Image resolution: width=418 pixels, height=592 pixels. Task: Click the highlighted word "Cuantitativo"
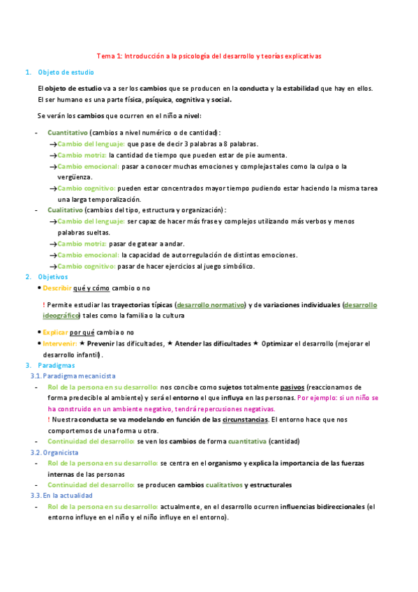(x=68, y=132)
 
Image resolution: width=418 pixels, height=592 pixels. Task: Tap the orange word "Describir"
(x=57, y=288)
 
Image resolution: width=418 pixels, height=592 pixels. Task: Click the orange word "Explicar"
(x=55, y=332)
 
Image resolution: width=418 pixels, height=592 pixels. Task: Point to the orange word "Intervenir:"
(x=59, y=343)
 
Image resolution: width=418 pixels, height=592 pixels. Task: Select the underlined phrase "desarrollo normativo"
(x=211, y=304)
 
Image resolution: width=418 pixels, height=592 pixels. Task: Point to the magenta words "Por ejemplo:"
(x=319, y=398)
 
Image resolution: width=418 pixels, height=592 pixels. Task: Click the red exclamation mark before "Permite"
(x=44, y=304)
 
